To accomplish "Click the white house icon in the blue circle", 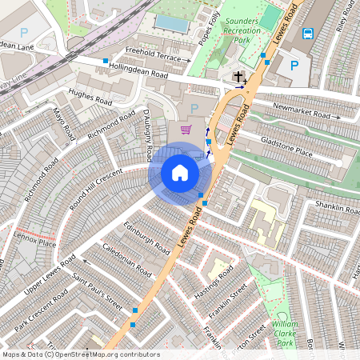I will [180, 173].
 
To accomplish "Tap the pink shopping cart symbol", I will [186, 130].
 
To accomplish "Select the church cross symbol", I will [238, 78].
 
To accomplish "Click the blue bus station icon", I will [308, 34].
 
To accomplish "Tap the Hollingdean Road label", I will [138, 71].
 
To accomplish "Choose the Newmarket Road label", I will [301, 114].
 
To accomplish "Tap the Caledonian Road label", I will [127, 261].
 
